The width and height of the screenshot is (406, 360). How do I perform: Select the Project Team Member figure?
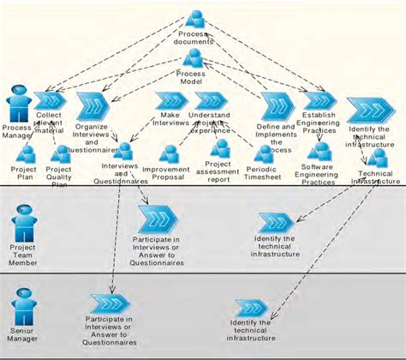tap(23, 226)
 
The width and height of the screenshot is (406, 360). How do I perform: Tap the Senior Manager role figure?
tap(23, 305)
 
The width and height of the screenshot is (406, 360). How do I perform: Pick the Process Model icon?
tap(193, 59)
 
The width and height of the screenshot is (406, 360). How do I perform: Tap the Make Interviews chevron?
tap(171, 102)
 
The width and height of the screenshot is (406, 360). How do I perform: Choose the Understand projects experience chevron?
tap(210, 100)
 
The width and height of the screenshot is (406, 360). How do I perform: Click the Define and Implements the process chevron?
tap(278, 106)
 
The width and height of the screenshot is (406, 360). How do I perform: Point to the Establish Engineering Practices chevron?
tap(319, 101)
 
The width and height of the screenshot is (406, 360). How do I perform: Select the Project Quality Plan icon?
tap(60, 154)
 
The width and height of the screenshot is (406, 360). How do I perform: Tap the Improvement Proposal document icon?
tap(169, 154)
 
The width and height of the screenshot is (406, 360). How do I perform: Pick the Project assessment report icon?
tap(220, 148)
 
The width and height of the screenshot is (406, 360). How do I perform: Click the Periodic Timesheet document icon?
tap(263, 153)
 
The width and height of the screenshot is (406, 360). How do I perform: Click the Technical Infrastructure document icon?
tap(376, 159)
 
